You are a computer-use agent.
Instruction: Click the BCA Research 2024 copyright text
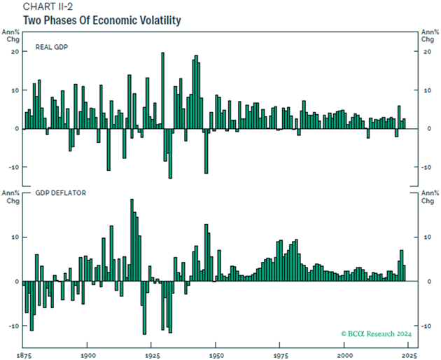pyautogui.click(x=377, y=334)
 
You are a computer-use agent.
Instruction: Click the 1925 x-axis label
pyautogui.click(x=151, y=355)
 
